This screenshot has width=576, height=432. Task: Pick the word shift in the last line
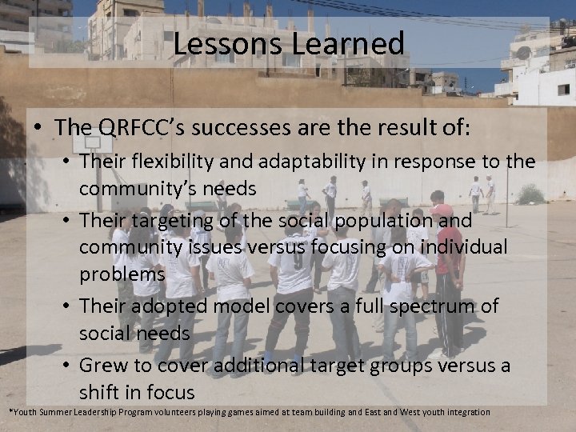point(100,392)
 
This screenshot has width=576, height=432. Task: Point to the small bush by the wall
point(530,194)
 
